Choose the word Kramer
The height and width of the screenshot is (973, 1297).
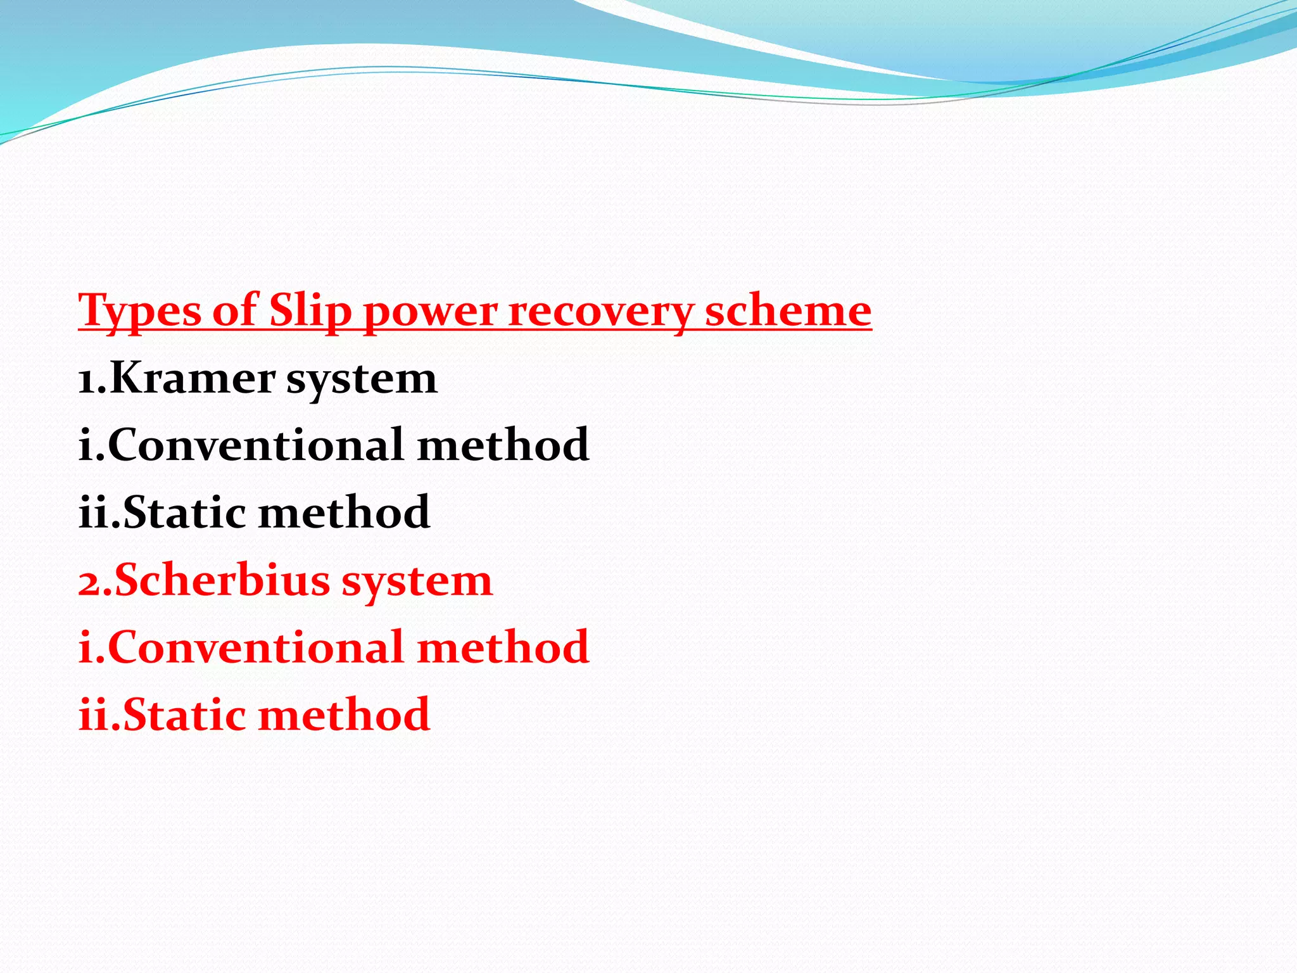(x=193, y=378)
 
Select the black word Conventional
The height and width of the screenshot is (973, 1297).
(x=256, y=445)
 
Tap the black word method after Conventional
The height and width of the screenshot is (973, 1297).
(x=503, y=445)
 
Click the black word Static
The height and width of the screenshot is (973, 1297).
(x=184, y=512)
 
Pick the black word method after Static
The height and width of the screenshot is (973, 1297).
(x=345, y=512)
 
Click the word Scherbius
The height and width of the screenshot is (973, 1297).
(x=222, y=580)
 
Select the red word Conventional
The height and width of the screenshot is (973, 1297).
(x=256, y=647)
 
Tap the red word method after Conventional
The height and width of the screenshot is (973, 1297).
(x=503, y=647)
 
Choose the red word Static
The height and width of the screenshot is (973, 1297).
(x=184, y=715)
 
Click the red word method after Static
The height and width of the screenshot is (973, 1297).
(x=345, y=715)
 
